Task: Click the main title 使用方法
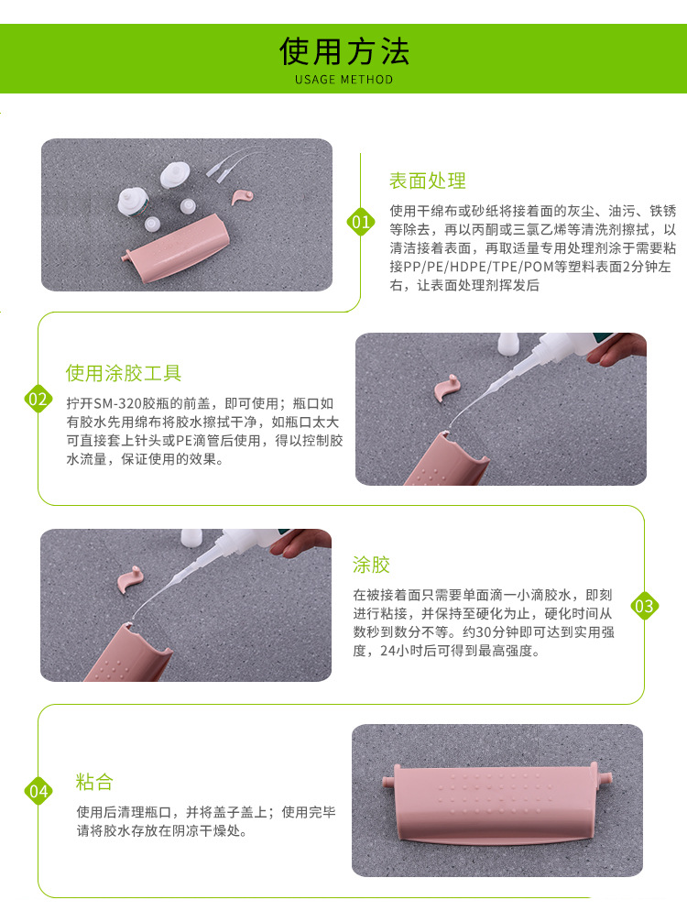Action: point(343,51)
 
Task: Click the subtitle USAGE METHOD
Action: point(343,80)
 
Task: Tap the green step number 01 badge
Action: point(360,222)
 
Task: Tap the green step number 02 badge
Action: point(38,399)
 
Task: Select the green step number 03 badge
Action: point(644,606)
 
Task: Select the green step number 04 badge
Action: point(38,791)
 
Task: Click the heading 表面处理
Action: point(428,181)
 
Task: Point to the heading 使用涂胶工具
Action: point(124,373)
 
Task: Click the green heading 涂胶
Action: point(371,565)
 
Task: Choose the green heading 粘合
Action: point(94,782)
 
